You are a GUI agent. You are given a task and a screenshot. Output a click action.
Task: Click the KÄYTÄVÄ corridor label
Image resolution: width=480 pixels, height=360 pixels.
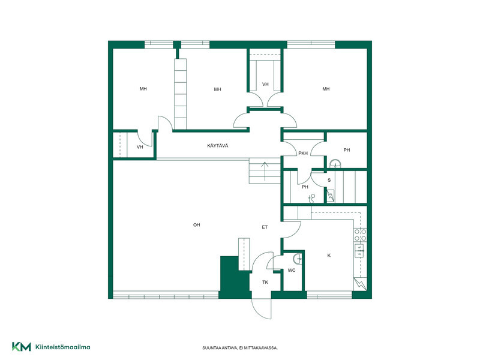click(x=218, y=146)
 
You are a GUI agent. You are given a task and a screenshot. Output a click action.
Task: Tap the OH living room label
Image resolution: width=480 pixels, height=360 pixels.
click(x=197, y=224)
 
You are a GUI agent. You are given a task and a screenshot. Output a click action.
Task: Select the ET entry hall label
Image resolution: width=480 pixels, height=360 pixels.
click(x=265, y=227)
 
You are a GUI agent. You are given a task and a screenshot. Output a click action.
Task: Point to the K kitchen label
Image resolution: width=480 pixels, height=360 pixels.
click(x=329, y=256)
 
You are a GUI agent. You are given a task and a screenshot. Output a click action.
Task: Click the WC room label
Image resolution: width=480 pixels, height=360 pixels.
click(x=292, y=271)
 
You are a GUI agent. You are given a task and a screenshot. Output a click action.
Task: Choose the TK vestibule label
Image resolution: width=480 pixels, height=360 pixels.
click(x=265, y=282)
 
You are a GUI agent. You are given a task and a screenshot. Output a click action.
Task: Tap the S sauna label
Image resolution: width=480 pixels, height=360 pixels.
click(x=329, y=180)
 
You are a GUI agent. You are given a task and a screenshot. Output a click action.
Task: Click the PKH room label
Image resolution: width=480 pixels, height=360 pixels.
click(x=303, y=154)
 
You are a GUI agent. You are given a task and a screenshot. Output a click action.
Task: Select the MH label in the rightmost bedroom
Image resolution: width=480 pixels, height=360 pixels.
click(x=326, y=89)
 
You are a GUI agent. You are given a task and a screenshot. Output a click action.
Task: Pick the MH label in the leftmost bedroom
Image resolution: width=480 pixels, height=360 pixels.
click(x=143, y=89)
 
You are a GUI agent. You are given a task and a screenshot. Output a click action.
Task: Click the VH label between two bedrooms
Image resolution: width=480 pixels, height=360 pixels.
click(x=265, y=84)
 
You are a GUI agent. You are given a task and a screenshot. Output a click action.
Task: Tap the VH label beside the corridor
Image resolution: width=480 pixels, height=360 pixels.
click(x=140, y=147)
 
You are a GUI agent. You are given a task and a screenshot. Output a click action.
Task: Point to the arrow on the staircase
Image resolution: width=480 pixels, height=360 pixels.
click(x=265, y=172)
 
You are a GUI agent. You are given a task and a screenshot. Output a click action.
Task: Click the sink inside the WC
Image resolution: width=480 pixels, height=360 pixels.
click(x=297, y=259)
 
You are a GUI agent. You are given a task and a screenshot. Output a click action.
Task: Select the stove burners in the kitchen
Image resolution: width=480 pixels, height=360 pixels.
click(x=361, y=235)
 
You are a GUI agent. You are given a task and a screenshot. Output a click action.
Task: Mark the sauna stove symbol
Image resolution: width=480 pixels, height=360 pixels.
click(x=331, y=196)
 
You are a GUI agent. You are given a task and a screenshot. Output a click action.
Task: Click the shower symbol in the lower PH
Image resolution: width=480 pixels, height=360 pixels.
click(x=311, y=199)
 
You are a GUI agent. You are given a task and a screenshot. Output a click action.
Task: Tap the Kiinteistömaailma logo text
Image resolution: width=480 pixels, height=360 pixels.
click(x=63, y=347)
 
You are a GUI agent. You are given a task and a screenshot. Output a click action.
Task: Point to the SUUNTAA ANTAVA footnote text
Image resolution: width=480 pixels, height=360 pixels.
click(x=240, y=348)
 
